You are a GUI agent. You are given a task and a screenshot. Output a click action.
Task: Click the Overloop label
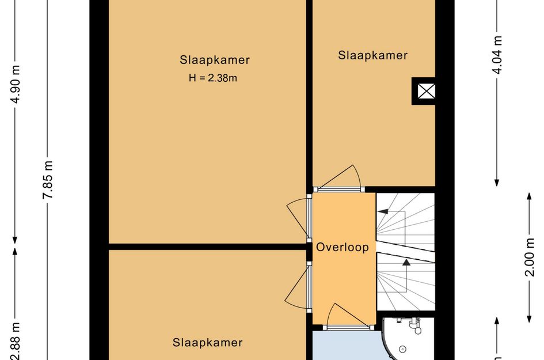click(x=342, y=247)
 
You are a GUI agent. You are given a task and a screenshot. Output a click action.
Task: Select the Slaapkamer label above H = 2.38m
click(x=215, y=60)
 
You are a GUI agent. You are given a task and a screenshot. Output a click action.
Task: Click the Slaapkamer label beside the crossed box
click(x=372, y=56)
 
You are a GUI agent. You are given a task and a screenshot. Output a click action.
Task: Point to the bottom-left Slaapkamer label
click(x=207, y=343)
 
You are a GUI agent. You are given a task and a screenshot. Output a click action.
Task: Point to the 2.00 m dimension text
click(x=529, y=257)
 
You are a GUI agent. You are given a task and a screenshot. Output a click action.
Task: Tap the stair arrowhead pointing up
click(x=406, y=263)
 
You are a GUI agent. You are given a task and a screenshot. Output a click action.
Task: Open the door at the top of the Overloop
click(x=342, y=179)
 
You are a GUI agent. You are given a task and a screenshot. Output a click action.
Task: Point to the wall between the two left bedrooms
click(x=207, y=247)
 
